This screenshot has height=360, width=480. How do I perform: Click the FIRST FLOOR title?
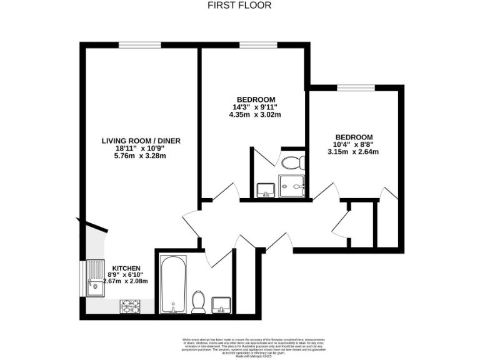(x=239, y=6)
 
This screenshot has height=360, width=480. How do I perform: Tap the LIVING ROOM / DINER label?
(x=141, y=141)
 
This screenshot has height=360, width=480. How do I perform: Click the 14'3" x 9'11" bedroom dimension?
(x=255, y=107)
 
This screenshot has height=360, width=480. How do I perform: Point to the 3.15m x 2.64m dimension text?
(x=354, y=152)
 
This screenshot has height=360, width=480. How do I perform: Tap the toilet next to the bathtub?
(x=199, y=301)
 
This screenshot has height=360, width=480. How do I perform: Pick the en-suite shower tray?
(x=292, y=186)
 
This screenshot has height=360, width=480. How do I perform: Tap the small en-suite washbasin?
(x=264, y=189)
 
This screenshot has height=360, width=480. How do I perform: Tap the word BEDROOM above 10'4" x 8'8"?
(x=354, y=137)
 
